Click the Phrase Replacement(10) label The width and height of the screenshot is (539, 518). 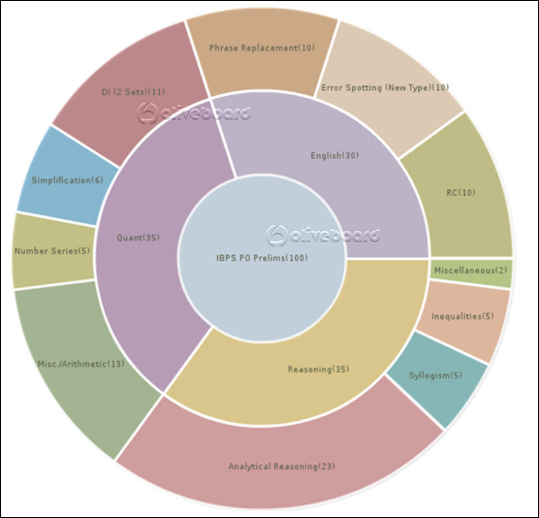click(x=262, y=48)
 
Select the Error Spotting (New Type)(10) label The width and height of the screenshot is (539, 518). click(x=385, y=87)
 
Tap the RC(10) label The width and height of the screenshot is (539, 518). click(x=460, y=192)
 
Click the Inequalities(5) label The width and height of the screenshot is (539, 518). click(x=462, y=316)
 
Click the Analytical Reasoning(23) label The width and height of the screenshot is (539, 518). click(x=281, y=467)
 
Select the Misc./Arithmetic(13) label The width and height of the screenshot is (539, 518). click(x=80, y=364)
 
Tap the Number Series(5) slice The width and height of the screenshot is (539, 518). click(x=53, y=250)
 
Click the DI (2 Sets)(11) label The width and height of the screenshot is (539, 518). click(x=134, y=92)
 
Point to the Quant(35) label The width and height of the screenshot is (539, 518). click(x=139, y=238)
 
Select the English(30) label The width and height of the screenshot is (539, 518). click(x=334, y=156)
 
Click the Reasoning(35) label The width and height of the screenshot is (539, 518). click(x=318, y=370)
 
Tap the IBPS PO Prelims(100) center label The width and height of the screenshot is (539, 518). click(x=262, y=258)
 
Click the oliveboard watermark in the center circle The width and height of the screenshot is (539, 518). click(x=323, y=236)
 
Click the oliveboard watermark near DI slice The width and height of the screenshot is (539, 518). click(x=193, y=113)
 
